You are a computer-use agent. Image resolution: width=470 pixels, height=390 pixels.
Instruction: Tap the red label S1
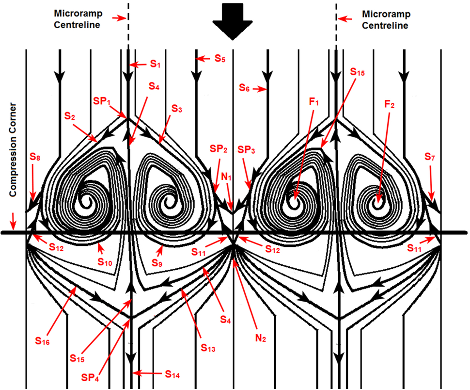[155, 64]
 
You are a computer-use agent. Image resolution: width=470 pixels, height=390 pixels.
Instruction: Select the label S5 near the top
[219, 58]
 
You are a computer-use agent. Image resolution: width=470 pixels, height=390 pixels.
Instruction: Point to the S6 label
[244, 88]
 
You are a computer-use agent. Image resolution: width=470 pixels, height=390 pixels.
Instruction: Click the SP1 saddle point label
[102, 101]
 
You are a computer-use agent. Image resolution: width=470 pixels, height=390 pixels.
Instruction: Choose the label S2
[70, 116]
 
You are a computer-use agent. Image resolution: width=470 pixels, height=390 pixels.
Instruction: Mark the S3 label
[176, 109]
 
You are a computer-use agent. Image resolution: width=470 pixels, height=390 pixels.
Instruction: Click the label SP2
[219, 148]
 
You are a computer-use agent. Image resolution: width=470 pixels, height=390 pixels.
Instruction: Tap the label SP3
[246, 149]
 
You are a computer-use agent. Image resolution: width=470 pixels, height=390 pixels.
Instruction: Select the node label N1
[226, 177]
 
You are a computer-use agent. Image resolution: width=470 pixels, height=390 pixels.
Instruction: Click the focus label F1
[314, 102]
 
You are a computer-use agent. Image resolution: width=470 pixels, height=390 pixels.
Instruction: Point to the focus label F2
[390, 104]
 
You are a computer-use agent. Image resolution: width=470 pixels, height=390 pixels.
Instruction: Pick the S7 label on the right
[430, 156]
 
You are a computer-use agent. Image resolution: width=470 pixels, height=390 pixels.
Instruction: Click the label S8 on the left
[35, 157]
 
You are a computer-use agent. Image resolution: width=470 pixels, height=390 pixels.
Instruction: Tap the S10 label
[105, 262]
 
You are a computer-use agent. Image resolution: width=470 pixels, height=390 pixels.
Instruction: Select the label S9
[157, 263]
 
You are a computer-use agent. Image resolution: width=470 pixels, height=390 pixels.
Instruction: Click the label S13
[208, 347]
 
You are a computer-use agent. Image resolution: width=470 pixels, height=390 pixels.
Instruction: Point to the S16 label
[42, 341]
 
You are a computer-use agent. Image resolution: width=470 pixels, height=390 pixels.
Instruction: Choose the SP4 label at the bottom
[90, 377]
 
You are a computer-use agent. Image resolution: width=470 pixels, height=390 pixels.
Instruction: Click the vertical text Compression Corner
[13, 150]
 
